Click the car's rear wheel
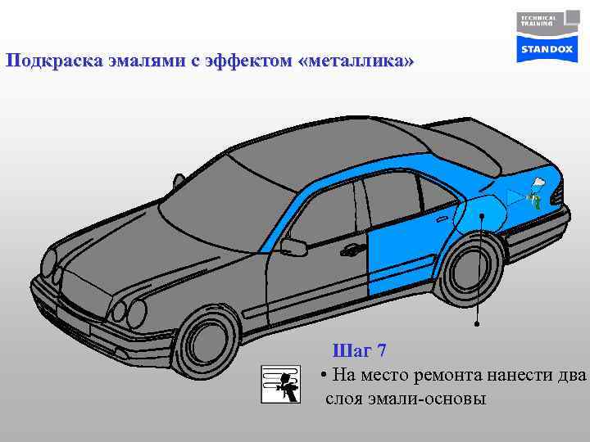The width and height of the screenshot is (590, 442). coord(469,270)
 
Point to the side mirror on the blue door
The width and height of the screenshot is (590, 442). coord(293,246)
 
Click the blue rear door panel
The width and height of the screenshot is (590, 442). coord(399,246)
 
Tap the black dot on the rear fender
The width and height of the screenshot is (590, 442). coord(482,216)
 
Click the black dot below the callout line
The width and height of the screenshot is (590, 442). coord(477,324)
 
